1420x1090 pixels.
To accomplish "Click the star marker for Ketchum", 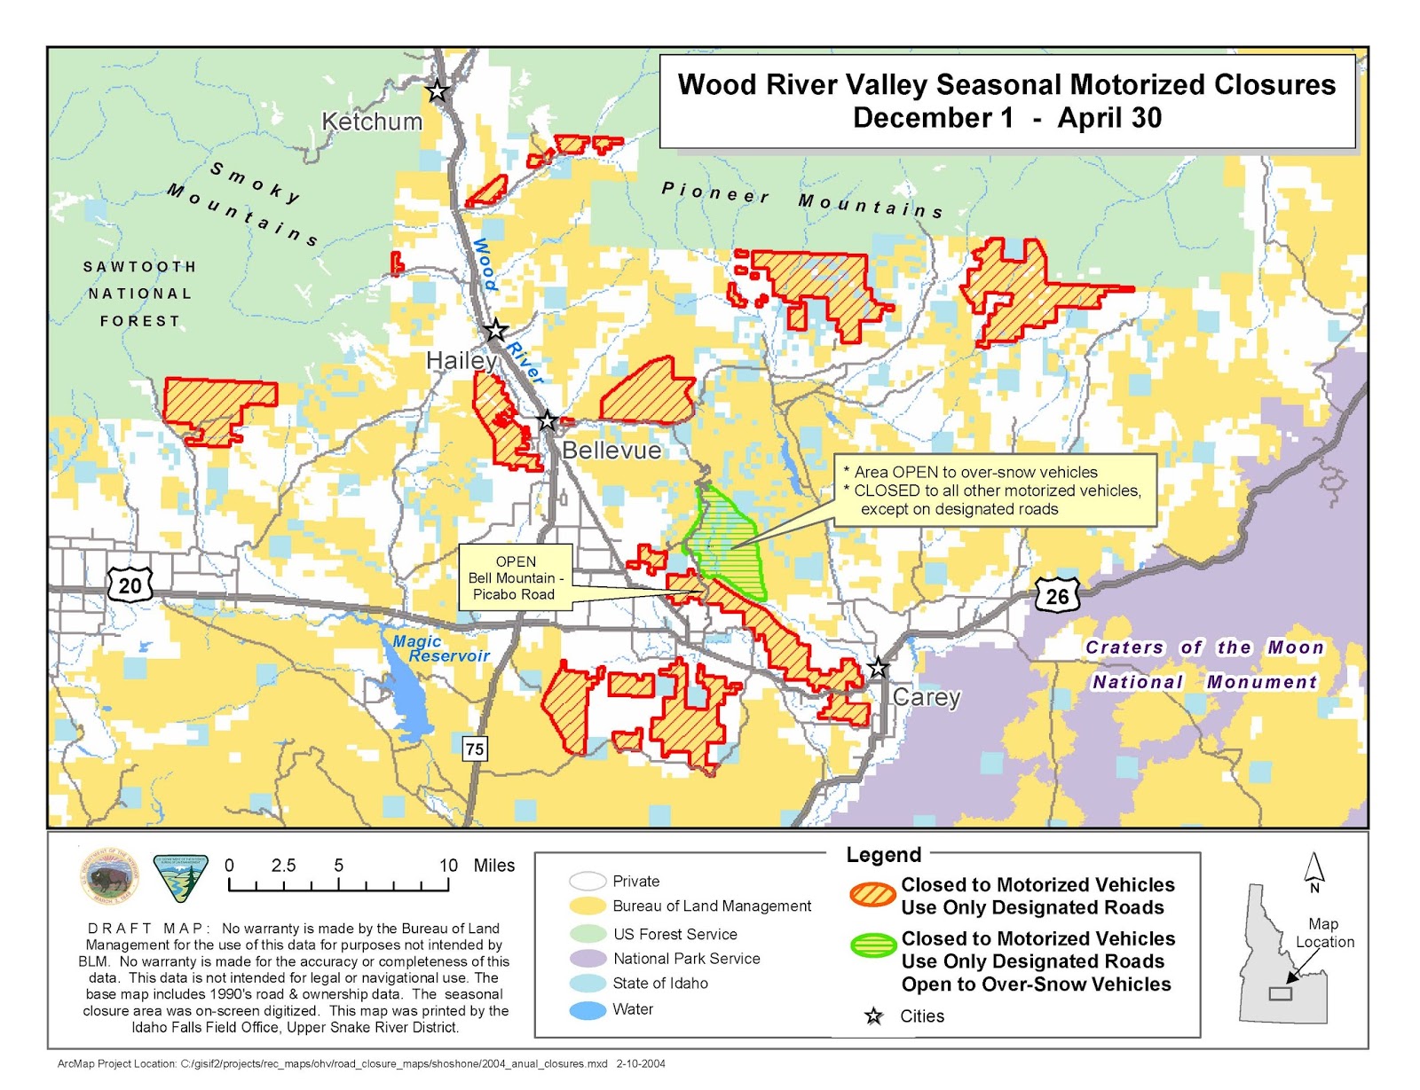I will tap(437, 90).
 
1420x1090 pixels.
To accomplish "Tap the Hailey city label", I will tap(461, 360).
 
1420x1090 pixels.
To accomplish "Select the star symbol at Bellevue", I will tap(547, 420).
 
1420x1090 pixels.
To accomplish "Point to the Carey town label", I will tap(926, 697).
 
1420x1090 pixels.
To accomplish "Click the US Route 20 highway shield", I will tap(130, 585).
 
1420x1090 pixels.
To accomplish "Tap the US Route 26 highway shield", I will tap(1057, 596).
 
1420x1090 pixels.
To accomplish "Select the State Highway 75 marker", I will tap(475, 749).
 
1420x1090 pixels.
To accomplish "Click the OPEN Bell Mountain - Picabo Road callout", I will tap(515, 577).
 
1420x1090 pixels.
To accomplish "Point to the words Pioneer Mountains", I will tap(802, 199).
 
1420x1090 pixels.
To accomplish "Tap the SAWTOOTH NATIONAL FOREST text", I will tap(139, 294).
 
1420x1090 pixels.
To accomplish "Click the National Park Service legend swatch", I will tap(588, 959).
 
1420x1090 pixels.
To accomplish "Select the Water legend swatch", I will tap(588, 1009).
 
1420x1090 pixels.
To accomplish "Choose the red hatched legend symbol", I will tap(872, 894).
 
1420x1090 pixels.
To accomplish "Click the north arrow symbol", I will tap(1314, 871).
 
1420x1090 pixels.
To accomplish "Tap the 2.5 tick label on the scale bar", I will tap(283, 866).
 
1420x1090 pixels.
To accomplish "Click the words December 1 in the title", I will tap(932, 118).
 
